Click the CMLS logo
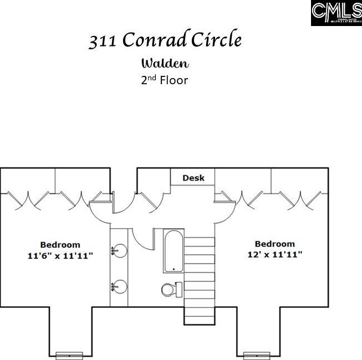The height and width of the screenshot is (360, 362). [x=336, y=13]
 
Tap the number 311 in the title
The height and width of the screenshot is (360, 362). [x=103, y=41]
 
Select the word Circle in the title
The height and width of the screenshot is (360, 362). [x=217, y=40]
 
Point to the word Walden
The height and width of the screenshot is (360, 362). [x=165, y=63]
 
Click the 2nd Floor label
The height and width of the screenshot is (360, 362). [x=165, y=80]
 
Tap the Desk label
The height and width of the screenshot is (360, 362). [x=193, y=178]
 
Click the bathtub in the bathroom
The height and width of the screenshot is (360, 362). [x=174, y=251]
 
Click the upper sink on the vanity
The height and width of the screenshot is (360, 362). [x=119, y=252]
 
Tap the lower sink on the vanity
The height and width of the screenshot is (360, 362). [x=119, y=286]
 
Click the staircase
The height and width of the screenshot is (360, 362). [x=200, y=271]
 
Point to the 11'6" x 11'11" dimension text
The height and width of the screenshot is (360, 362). [x=60, y=255]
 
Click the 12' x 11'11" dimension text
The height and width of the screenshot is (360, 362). [x=275, y=255]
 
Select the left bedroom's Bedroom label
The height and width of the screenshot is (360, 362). [x=60, y=244]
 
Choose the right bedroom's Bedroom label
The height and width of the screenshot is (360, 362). [x=275, y=244]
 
